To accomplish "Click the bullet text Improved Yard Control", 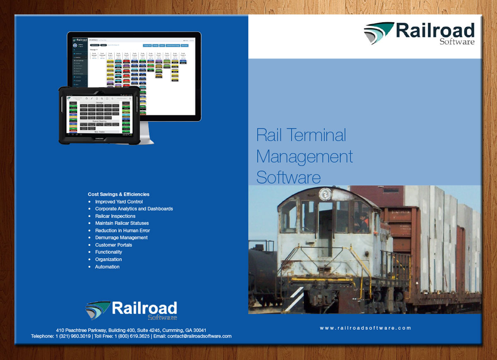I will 119,202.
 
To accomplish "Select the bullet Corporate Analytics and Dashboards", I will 134,209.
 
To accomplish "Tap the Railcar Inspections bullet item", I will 115,216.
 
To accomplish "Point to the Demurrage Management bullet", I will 121,238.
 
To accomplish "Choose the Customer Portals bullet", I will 113,245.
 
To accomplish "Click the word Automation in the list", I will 107,267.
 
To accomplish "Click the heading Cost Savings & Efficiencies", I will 118,194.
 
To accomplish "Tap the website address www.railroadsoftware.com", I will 365,328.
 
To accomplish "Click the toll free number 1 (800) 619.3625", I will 132,336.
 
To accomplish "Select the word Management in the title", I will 304,156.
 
